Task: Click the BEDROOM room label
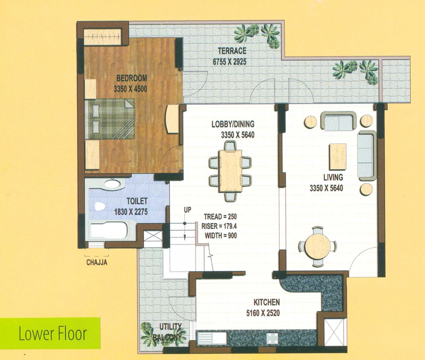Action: (132, 78)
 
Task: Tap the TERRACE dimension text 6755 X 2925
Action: (229, 62)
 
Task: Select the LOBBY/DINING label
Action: (233, 124)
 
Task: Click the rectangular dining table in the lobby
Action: (230, 171)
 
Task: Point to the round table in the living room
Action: (317, 246)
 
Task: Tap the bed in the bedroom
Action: (110, 119)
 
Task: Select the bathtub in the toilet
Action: (109, 231)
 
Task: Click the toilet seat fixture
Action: (100, 206)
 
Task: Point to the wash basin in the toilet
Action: (112, 184)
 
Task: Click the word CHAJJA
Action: (97, 263)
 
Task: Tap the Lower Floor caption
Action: (53, 334)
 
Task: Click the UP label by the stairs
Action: (187, 210)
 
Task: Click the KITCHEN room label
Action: (267, 302)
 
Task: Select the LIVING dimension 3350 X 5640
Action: (326, 188)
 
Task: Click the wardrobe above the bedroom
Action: (102, 36)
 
